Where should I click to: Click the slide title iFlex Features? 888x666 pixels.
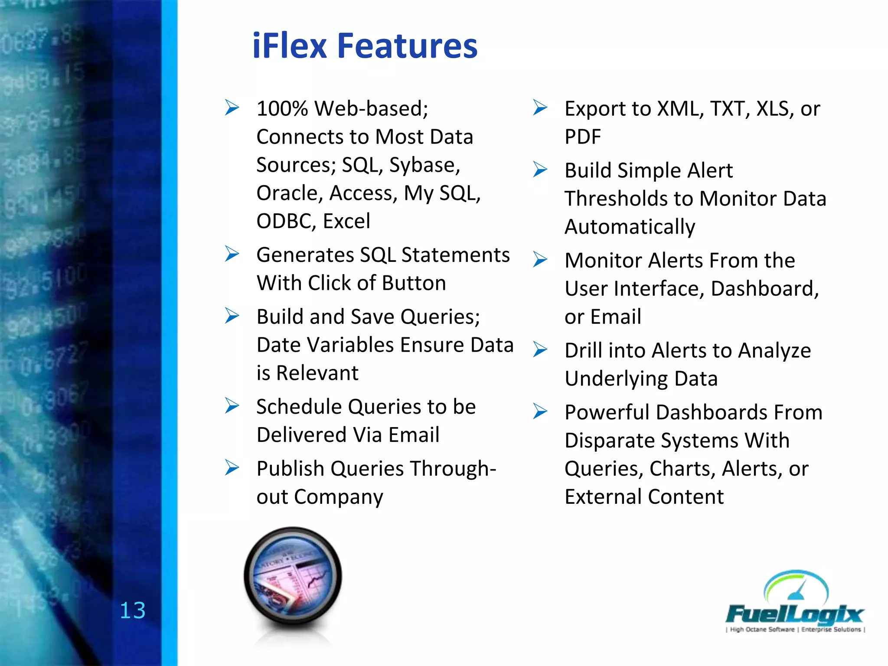[x=364, y=46]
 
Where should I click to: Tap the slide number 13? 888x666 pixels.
[x=132, y=610]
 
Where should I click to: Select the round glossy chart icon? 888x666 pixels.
[x=293, y=577]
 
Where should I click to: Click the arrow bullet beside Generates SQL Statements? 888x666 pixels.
[x=232, y=254]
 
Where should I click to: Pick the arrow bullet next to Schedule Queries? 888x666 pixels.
[x=232, y=406]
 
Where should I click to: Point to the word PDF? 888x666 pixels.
[x=582, y=137]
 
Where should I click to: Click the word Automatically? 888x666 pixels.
[x=630, y=227]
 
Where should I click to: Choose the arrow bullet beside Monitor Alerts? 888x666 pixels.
[x=540, y=260]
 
